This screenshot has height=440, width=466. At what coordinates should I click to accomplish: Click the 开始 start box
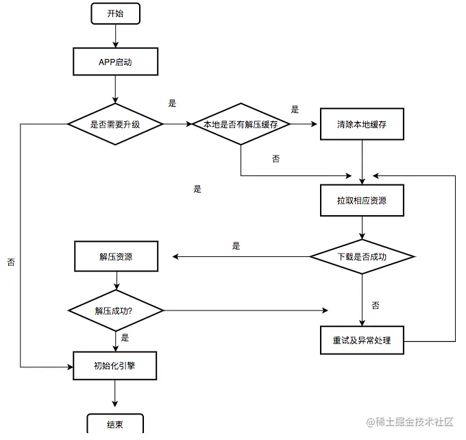click(115, 13)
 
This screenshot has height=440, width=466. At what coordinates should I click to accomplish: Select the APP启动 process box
click(115, 62)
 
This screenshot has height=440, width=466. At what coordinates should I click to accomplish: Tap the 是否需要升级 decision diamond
click(115, 124)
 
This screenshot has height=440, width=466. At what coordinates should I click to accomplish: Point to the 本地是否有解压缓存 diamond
click(241, 124)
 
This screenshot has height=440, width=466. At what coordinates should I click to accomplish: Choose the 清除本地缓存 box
click(361, 124)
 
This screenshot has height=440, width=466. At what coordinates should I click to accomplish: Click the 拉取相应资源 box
click(361, 201)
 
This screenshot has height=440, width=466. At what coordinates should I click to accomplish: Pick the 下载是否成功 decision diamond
click(362, 257)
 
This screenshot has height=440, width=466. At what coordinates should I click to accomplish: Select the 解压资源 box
click(115, 257)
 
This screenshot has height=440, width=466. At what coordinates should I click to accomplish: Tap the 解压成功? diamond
click(115, 310)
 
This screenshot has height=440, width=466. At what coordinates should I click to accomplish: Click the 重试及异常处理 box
click(361, 339)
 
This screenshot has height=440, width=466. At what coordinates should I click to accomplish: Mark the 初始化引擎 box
click(115, 365)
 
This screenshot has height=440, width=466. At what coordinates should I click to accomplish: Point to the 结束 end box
click(115, 424)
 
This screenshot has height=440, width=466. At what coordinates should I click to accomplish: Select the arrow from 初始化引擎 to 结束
click(115, 396)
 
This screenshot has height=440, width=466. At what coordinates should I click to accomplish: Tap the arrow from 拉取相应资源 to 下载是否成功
click(362, 228)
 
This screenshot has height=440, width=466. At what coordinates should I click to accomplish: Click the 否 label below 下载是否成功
click(376, 304)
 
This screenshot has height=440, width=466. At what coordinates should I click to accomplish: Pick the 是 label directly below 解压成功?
click(125, 337)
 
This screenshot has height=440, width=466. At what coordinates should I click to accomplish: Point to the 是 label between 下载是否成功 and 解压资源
click(236, 246)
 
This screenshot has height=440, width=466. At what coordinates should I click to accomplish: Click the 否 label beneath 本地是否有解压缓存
click(275, 158)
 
